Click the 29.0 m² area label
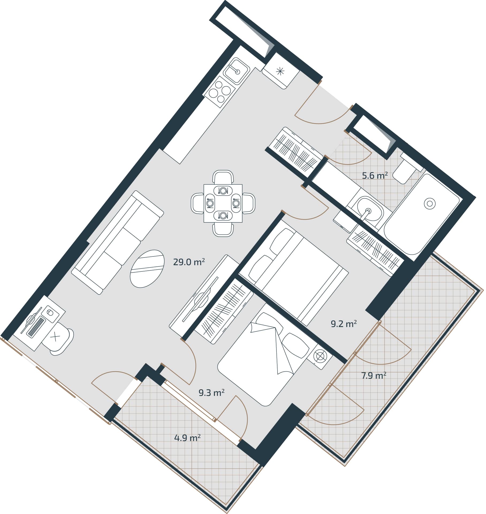189,262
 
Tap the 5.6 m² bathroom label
375,176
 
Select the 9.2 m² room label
344,324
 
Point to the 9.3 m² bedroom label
211,393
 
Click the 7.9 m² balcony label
374,376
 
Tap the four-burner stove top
220,92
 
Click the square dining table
223,203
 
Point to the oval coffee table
147,269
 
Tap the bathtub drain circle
430,204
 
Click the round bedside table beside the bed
320,356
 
